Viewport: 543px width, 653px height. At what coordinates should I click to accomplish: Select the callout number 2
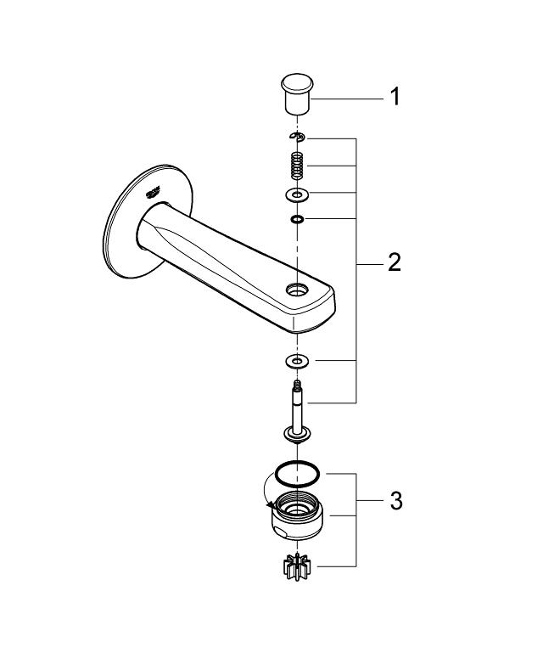394,262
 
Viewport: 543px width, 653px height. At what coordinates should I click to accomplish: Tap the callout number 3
395,500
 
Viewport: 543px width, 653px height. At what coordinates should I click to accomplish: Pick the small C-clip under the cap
296,137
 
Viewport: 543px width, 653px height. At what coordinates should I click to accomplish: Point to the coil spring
296,165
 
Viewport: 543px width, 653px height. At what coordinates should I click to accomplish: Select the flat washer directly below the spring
296,197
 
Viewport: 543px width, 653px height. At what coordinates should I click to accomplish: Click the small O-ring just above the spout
296,219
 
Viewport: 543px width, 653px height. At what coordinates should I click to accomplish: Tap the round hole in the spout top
296,290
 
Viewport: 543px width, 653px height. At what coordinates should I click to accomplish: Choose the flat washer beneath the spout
296,362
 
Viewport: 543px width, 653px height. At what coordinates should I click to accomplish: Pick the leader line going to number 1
348,99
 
